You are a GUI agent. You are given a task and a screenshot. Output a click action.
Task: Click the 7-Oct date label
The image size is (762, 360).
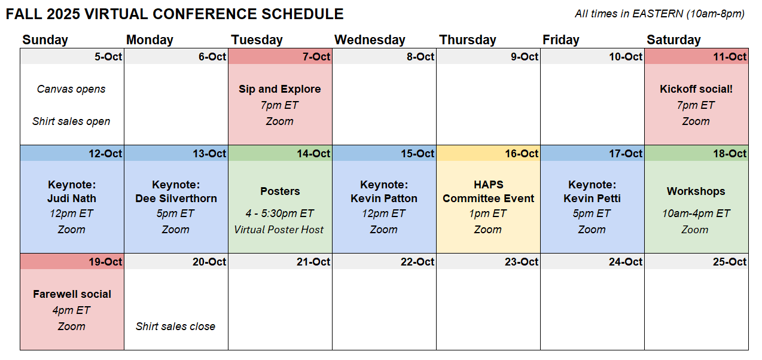pyautogui.click(x=316, y=56)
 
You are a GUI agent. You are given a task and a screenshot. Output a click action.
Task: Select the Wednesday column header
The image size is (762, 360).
pyautogui.click(x=370, y=40)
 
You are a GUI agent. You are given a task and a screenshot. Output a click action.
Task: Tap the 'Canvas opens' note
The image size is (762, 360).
pyautogui.click(x=71, y=89)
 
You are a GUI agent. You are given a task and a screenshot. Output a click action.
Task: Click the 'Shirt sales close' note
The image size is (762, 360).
pyautogui.click(x=175, y=327)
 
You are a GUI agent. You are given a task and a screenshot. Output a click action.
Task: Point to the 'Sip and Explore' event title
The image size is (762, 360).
pyautogui.click(x=280, y=89)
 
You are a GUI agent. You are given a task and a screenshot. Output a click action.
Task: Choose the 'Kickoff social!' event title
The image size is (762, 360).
pyautogui.click(x=696, y=89)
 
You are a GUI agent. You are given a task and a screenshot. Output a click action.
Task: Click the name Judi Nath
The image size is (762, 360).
pyautogui.click(x=72, y=199)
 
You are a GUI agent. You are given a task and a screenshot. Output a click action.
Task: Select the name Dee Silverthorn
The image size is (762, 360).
pyautogui.click(x=176, y=199)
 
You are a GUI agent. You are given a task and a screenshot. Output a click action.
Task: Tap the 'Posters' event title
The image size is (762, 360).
pyautogui.click(x=280, y=191)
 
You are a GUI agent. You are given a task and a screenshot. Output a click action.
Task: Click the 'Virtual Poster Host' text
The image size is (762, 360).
pyautogui.click(x=279, y=230)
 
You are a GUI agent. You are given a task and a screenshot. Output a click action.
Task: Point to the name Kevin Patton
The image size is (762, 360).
pyautogui.click(x=384, y=199)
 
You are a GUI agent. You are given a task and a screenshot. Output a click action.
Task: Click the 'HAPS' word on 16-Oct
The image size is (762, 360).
pyautogui.click(x=489, y=184)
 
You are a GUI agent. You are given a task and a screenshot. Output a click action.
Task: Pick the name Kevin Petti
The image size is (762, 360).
pyautogui.click(x=592, y=199)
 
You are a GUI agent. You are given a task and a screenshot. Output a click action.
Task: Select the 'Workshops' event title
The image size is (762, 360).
pyautogui.click(x=696, y=191)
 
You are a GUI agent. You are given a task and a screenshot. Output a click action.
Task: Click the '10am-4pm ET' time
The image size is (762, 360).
pyautogui.click(x=696, y=213)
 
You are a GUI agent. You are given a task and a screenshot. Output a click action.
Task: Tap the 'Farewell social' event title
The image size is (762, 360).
pyautogui.click(x=72, y=294)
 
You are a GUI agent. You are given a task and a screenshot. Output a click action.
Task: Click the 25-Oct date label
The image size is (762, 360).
pyautogui.click(x=730, y=262)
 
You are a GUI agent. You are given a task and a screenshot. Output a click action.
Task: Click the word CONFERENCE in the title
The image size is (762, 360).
pyautogui.click(x=205, y=14)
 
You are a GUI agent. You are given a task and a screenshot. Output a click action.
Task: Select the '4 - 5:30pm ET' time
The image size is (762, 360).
pyautogui.click(x=280, y=213)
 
